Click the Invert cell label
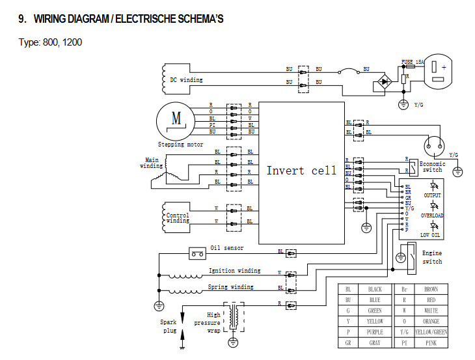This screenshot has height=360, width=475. click(x=301, y=171)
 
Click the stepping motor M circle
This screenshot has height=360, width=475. click(x=174, y=120)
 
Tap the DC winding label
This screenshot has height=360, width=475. click(x=186, y=80)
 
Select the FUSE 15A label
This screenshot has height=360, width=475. click(x=413, y=62)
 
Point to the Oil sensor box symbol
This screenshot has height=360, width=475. click(x=197, y=253)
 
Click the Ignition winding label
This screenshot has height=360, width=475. click(x=234, y=270)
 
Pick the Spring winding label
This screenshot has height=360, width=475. click(x=231, y=287)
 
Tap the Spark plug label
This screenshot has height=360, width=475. click(x=169, y=326)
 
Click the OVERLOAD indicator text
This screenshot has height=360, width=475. click(x=432, y=215)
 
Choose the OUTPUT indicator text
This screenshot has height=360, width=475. click(x=432, y=195)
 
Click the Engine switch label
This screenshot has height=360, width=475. click(x=432, y=257)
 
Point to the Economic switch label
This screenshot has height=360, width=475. click(x=432, y=167)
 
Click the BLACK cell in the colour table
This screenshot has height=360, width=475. click(x=375, y=289)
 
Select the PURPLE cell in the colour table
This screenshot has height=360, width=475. click(x=375, y=332)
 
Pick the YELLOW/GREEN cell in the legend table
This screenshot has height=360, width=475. click(x=431, y=332)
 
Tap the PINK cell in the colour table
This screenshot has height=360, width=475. click(x=431, y=343)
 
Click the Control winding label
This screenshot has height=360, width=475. click(x=178, y=218)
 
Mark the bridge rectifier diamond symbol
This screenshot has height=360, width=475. click(x=385, y=84)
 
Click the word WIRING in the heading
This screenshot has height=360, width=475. click(x=53, y=19)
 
